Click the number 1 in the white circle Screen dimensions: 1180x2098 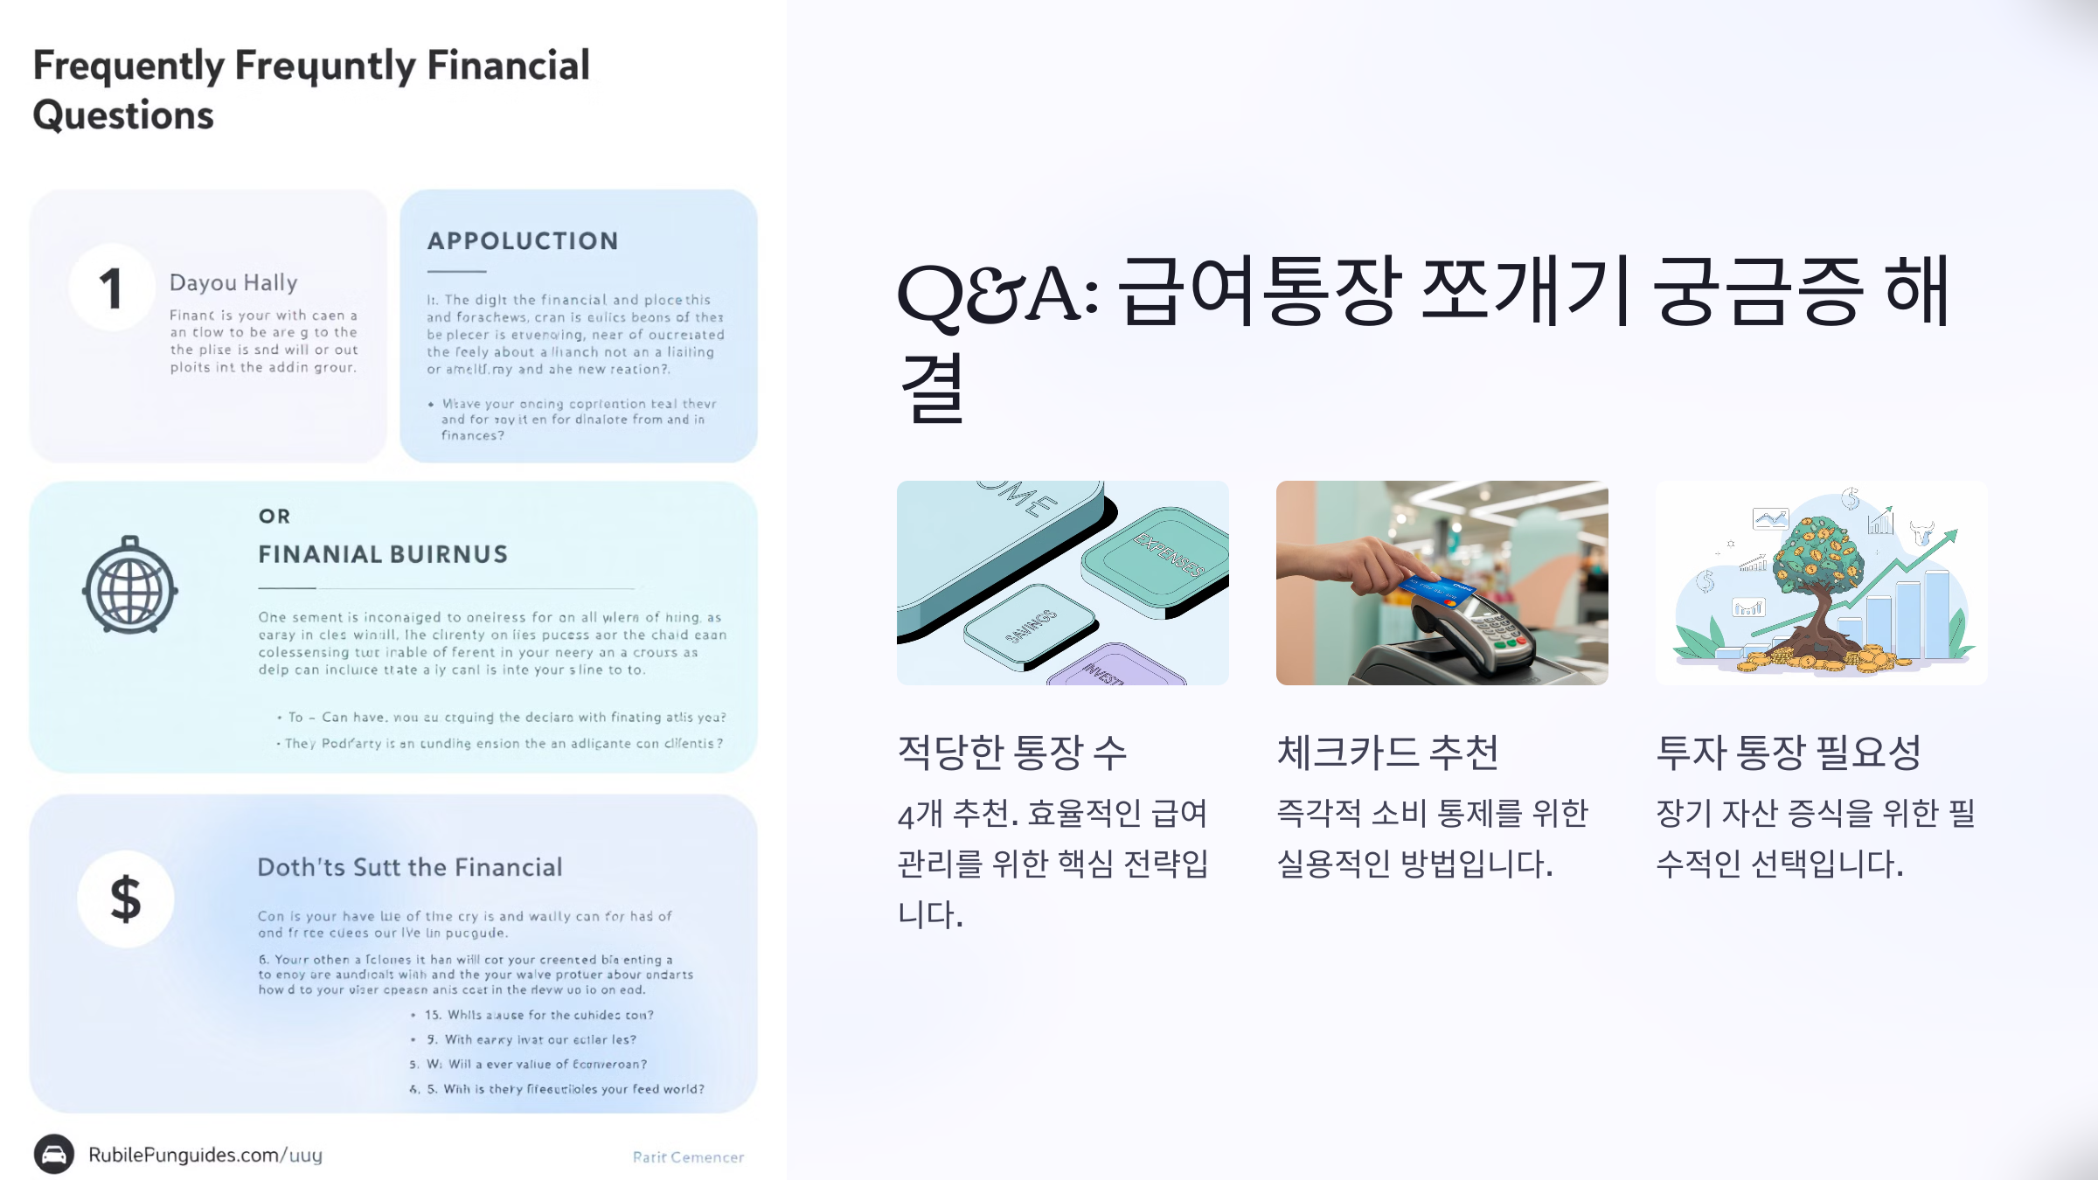111,288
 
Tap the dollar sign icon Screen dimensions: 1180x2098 125,899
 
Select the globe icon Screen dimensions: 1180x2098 130,586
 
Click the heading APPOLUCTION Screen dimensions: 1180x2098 523,241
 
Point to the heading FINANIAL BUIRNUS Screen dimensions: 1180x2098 383,554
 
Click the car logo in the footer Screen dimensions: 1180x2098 54,1155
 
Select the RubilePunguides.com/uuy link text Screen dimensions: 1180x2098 205,1155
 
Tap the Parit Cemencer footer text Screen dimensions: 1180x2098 688,1157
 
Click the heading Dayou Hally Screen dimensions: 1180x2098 233,282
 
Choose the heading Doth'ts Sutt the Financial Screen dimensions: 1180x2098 409,867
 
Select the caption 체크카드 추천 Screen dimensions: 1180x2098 1388,752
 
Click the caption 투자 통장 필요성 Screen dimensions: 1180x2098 1789,752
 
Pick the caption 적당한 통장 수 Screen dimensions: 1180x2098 1012,752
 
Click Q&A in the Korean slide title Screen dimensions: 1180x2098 997,293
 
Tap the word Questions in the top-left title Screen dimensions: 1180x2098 123,115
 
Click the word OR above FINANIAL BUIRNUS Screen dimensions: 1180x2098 274,517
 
